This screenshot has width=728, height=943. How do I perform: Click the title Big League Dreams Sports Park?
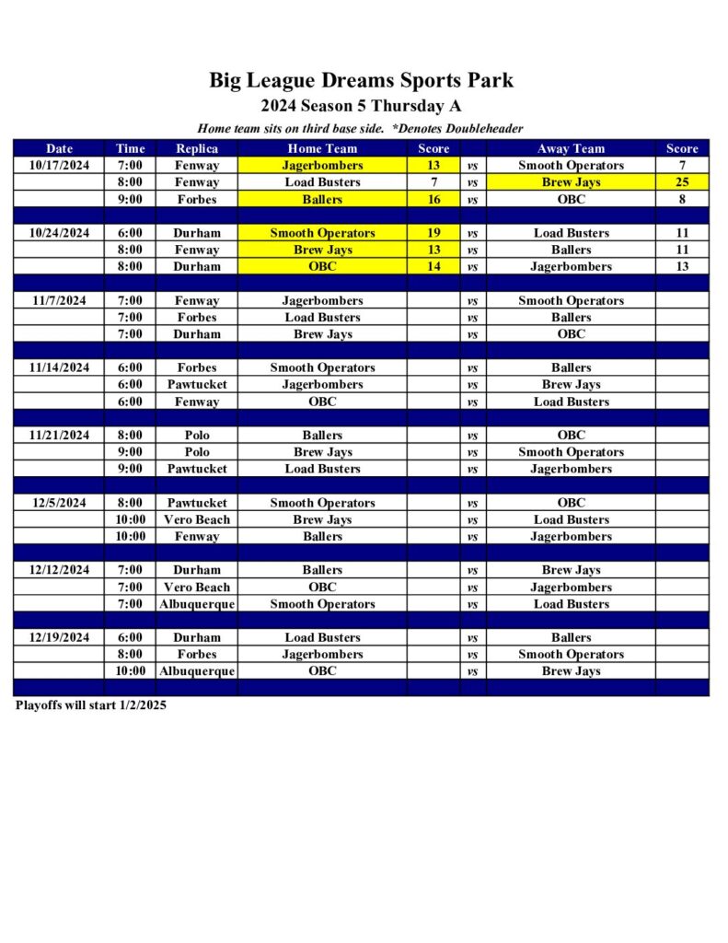point(361,80)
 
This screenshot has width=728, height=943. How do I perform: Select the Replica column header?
point(197,148)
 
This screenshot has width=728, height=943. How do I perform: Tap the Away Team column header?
point(571,148)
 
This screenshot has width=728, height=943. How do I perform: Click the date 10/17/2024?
point(59,166)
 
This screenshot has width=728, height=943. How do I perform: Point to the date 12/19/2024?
point(59,637)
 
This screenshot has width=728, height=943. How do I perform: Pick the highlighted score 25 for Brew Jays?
point(682,182)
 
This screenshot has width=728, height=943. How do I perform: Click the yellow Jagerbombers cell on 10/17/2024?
point(322,166)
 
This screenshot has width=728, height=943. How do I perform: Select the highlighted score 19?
point(433,233)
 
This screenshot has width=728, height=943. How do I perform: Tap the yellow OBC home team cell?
point(322,267)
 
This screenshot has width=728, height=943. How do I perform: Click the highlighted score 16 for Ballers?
point(433,199)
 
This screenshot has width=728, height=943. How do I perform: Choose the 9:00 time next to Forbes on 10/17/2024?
point(130,199)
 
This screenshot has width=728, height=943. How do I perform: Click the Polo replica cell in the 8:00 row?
point(197,436)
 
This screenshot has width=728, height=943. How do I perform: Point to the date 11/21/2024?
point(59,436)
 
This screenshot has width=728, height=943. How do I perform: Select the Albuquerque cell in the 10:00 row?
point(197,671)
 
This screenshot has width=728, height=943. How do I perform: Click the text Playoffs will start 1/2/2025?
point(91,705)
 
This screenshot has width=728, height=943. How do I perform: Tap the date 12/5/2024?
point(59,503)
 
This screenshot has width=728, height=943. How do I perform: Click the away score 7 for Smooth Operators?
point(682,166)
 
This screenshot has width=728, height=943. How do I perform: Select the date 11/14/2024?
point(59,367)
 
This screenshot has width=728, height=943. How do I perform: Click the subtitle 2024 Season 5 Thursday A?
point(361,106)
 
